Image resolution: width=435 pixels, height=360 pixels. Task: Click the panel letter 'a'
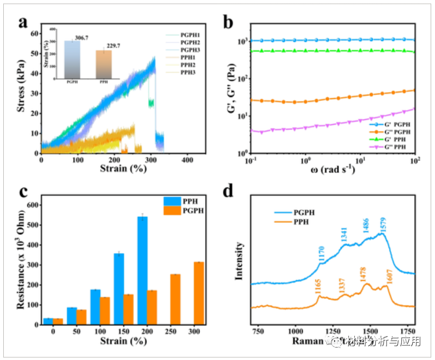point(22,22)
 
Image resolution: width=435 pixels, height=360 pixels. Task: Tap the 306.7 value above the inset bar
point(81,38)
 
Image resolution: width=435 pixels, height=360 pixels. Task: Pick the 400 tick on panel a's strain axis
point(187,161)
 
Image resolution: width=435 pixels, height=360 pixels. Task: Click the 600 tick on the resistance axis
point(33,205)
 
